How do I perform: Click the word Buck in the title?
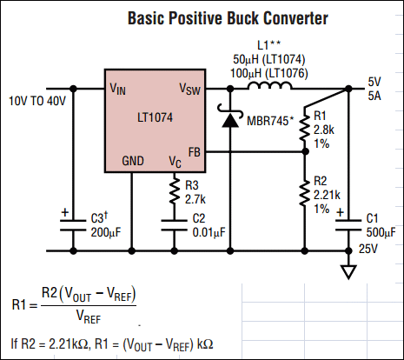[242, 18]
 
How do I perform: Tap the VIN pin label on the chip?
[117, 89]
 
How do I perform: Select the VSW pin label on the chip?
[189, 89]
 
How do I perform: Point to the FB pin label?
[194, 152]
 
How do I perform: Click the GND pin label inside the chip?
[133, 161]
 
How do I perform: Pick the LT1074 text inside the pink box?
[155, 117]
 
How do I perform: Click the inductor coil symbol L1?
[269, 85]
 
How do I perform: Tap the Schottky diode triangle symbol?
[230, 120]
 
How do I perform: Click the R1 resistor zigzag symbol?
[305, 128]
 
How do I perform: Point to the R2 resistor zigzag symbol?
[305, 193]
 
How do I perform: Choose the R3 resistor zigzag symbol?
[175, 190]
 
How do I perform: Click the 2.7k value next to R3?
[195, 199]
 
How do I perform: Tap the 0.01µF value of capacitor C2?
[209, 232]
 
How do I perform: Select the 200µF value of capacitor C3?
[106, 232]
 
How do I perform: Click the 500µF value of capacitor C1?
[381, 232]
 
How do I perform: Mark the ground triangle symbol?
[348, 272]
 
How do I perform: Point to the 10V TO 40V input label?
[37, 101]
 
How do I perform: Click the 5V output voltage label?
[374, 82]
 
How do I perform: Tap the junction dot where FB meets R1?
[305, 151]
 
